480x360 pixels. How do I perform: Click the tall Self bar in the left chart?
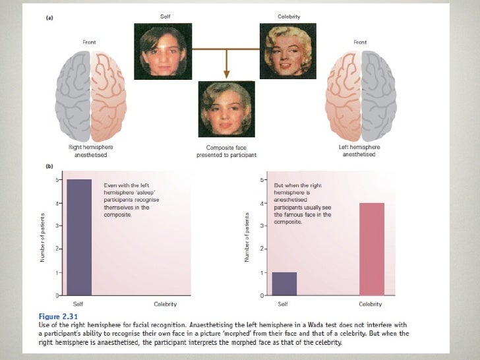tap(78, 237)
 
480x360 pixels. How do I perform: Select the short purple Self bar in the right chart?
tap(284, 284)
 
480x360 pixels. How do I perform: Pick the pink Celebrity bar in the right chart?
tap(372, 249)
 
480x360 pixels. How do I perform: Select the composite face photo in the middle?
tap(226, 109)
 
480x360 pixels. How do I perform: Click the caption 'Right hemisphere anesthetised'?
tap(88, 152)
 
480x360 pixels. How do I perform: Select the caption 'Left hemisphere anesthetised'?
tap(359, 152)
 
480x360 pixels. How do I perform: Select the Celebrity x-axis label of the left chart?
tap(165, 304)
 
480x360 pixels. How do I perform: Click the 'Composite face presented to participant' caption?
tap(226, 152)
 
